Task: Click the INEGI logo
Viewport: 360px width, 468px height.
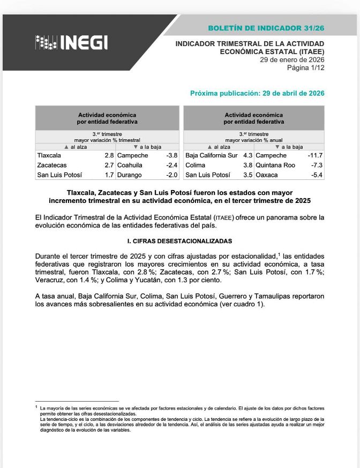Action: [71, 42]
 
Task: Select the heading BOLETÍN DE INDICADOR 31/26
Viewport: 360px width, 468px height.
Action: [266, 27]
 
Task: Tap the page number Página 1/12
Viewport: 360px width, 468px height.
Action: [305, 67]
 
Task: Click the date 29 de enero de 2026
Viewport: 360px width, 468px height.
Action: [292, 59]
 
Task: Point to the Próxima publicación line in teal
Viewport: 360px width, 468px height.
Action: [257, 93]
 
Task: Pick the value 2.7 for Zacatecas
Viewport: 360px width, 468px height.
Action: [109, 165]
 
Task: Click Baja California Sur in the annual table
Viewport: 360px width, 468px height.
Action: [211, 155]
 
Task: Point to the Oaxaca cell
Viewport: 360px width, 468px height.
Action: [267, 175]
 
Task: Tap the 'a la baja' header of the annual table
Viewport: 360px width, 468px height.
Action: [289, 147]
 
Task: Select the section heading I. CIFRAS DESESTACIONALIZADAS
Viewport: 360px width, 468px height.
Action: [179, 241]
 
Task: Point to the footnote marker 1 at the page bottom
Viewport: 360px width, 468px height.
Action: [36, 407]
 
